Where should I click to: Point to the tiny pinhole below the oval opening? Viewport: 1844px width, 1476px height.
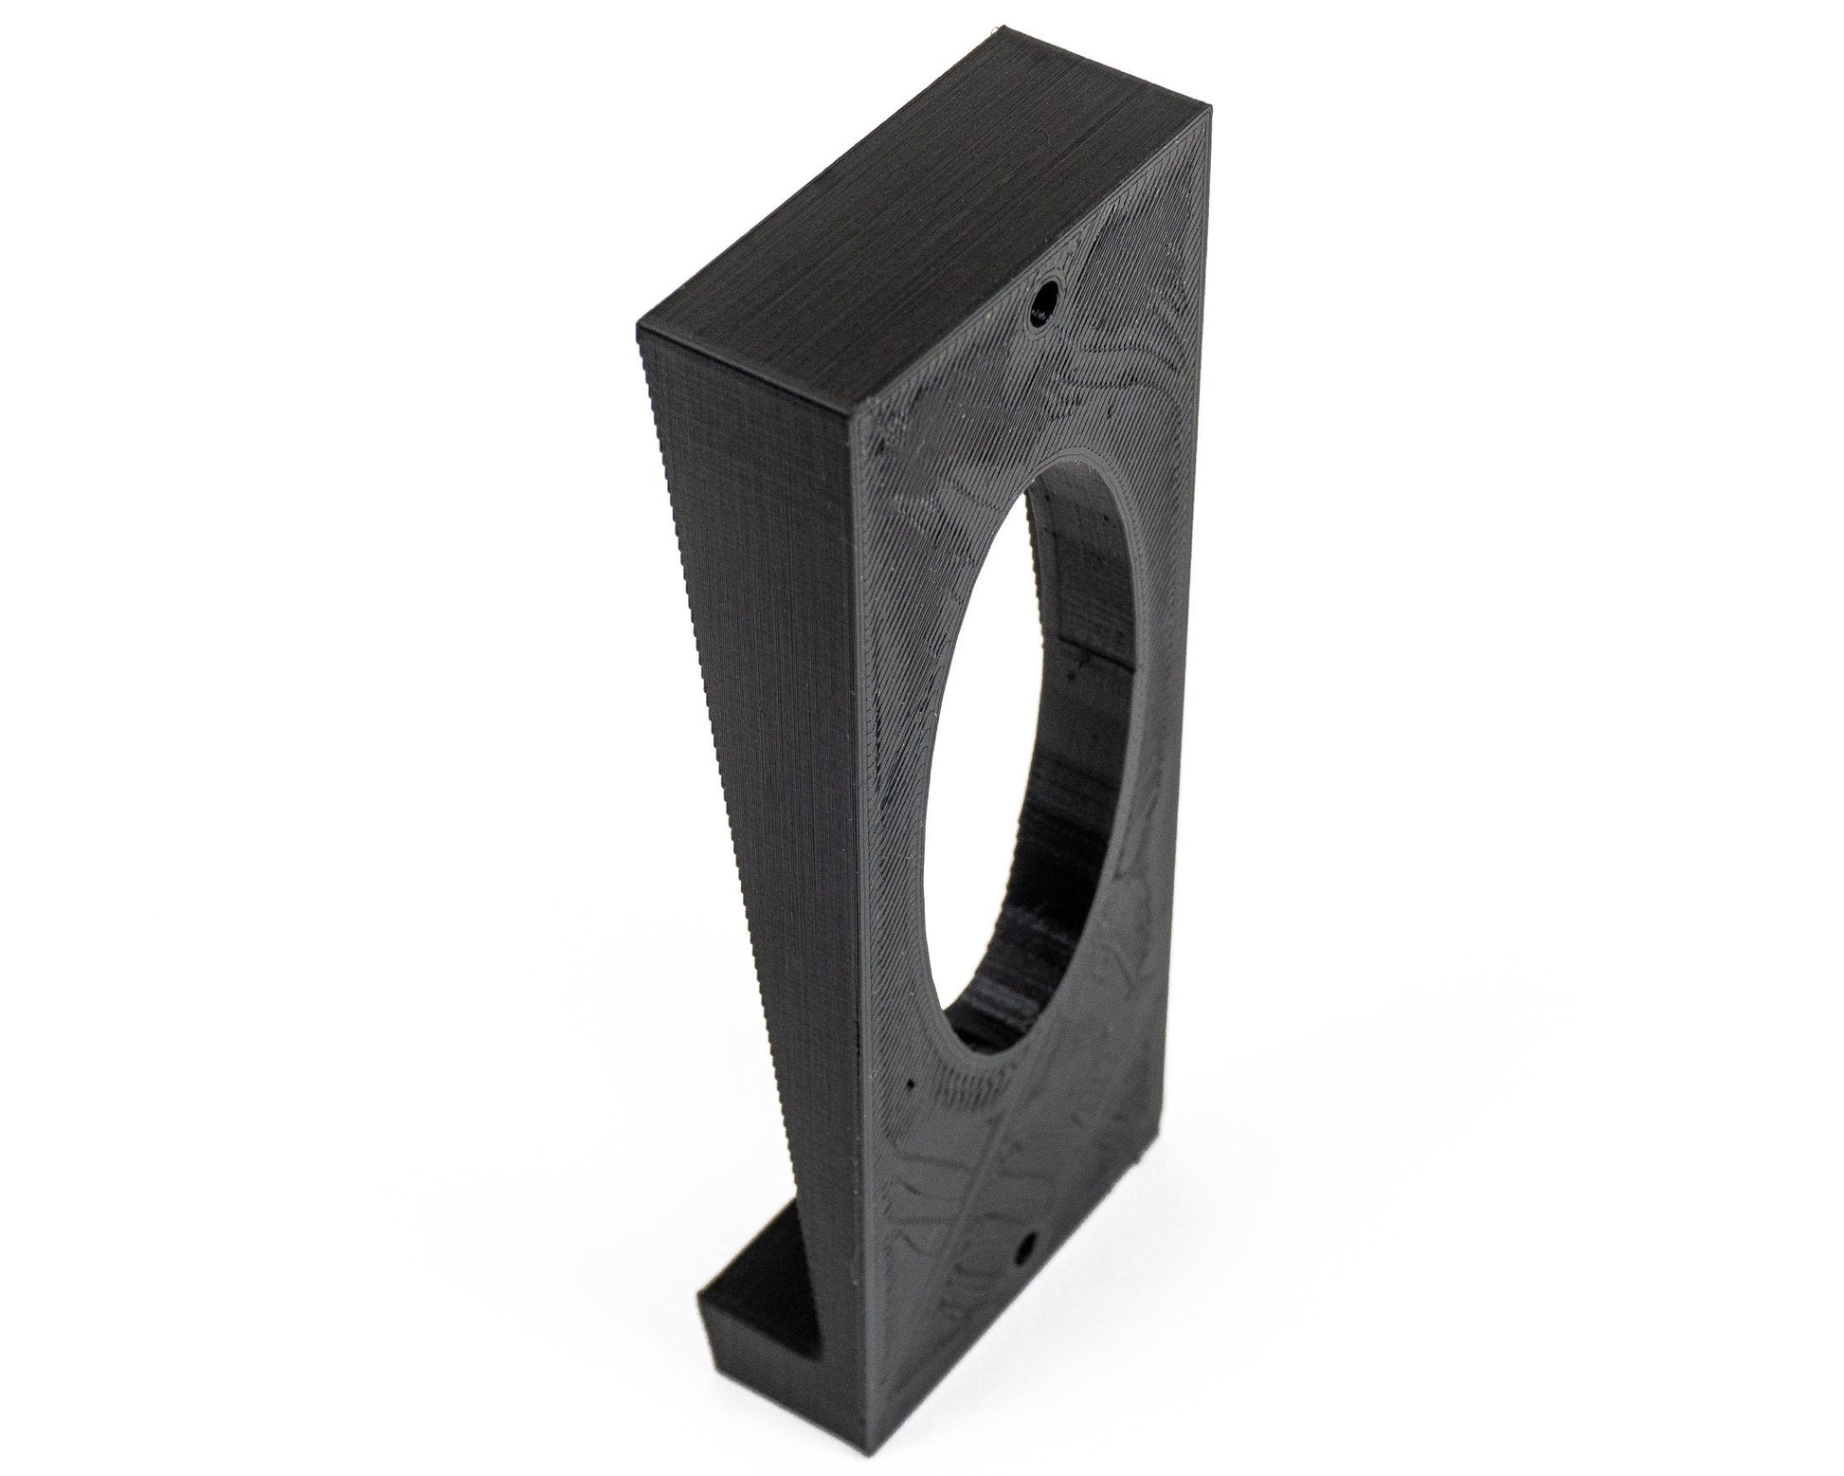click(x=911, y=1084)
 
